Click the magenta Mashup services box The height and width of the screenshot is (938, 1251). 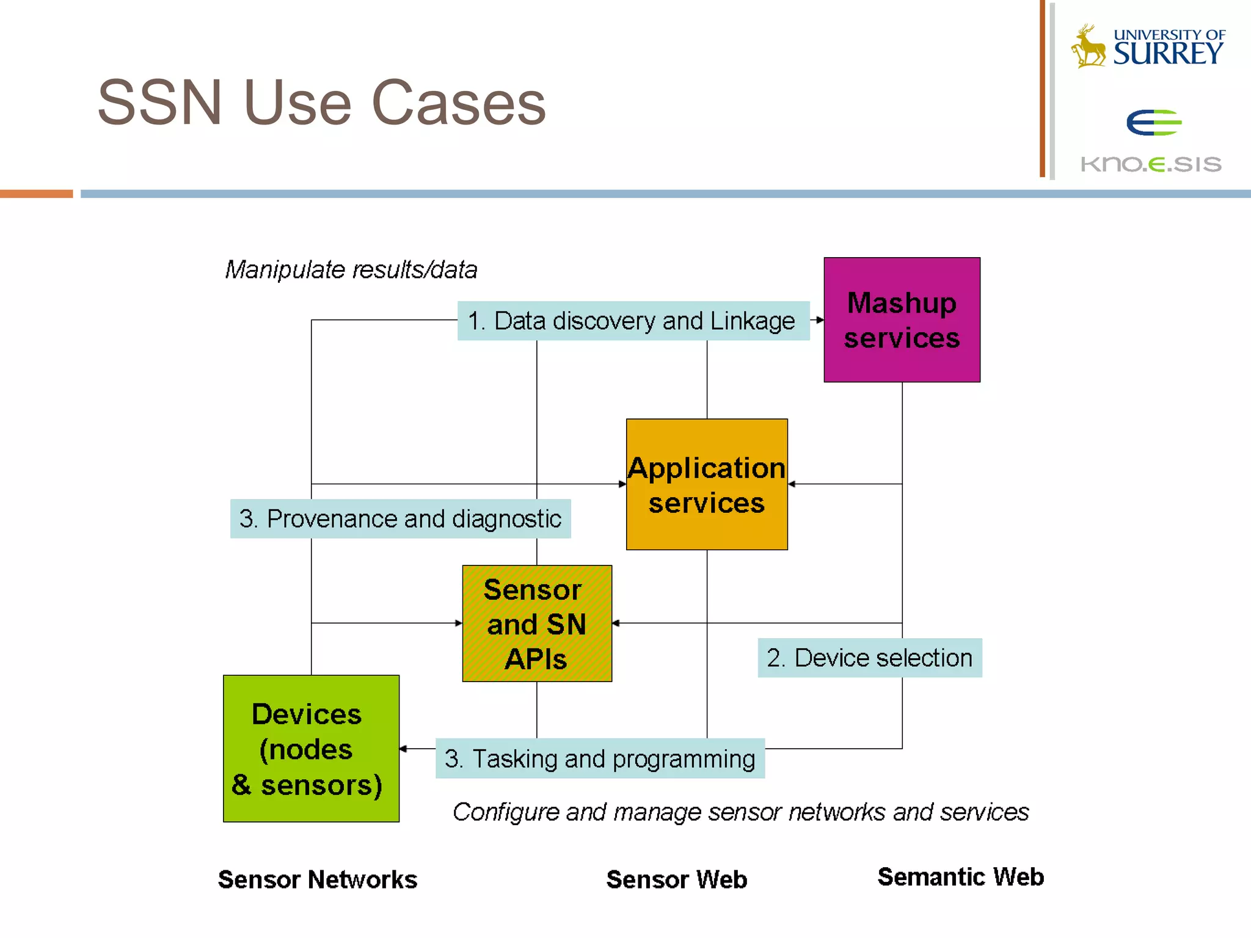[902, 320]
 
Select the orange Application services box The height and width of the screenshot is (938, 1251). [707, 484]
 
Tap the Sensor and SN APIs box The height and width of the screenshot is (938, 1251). [537, 624]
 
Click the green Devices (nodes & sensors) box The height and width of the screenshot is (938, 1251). [311, 749]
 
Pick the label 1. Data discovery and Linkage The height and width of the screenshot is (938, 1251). [633, 321]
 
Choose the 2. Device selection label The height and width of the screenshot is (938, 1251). [869, 658]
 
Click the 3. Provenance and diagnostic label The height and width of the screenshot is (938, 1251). [400, 519]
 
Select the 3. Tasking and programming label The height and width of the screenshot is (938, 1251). [600, 759]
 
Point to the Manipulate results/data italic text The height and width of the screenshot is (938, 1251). [351, 270]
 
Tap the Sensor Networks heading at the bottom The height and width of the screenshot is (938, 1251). [318, 880]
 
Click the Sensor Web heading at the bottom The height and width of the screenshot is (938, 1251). [676, 880]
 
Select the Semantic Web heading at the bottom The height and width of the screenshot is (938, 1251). [960, 877]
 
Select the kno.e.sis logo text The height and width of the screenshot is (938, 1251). [1151, 164]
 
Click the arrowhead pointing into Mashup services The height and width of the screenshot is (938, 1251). [820, 320]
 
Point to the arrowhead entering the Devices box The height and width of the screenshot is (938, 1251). [404, 749]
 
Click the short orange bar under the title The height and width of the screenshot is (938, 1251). [36, 194]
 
